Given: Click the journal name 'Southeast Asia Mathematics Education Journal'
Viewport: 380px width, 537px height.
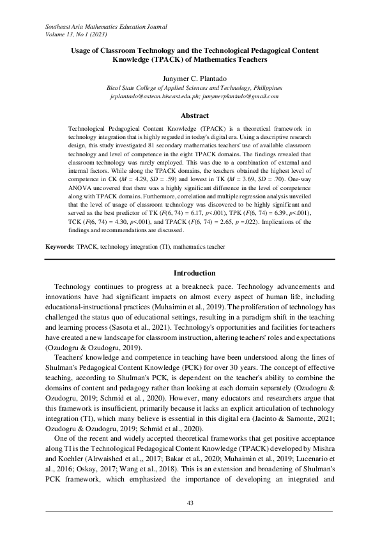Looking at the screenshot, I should pyautogui.click(x=106, y=27).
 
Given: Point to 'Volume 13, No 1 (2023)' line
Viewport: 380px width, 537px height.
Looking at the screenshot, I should pyautogui.click(x=80, y=35).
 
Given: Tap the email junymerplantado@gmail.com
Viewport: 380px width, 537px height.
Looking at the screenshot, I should pyautogui.click(x=232, y=96).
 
